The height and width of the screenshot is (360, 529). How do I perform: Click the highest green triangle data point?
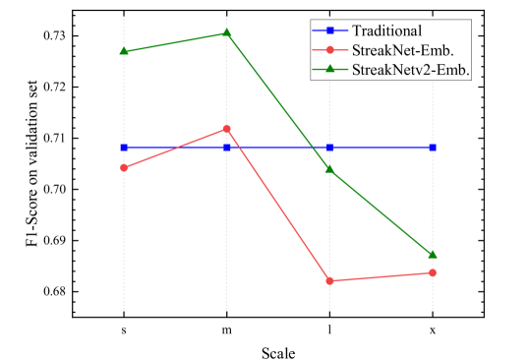pos(227,32)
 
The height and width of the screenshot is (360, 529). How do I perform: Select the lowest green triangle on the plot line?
pos(433,255)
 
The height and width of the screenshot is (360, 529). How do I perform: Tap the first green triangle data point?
pos(124,51)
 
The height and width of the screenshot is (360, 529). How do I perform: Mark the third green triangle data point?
pos(329,168)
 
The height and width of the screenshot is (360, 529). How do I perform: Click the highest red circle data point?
pos(227,129)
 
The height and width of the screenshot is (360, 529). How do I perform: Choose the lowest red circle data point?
pos(329,281)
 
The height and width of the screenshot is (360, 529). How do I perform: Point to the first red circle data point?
pos(124,168)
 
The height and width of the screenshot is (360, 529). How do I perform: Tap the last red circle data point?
pos(433,272)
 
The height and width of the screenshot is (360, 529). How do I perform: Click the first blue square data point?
pos(124,148)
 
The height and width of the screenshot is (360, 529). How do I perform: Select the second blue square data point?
pos(227,148)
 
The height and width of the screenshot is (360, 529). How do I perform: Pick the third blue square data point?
pos(329,148)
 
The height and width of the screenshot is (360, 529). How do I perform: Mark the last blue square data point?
pos(433,148)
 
